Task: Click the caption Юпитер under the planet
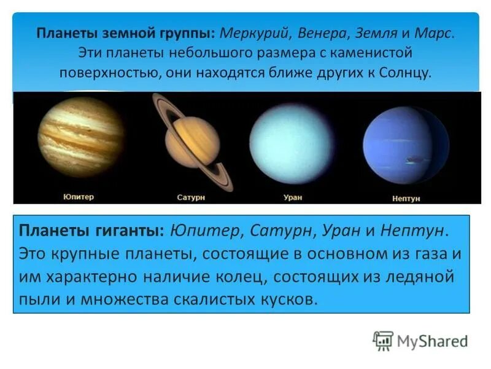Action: point(79,197)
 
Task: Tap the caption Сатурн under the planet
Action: point(191,199)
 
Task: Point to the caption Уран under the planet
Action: point(293,197)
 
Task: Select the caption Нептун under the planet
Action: point(405,199)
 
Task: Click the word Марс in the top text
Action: point(433,33)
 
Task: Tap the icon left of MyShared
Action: point(383,340)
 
